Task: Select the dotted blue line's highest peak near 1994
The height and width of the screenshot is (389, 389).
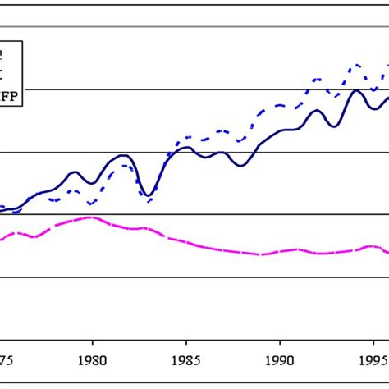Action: click(x=356, y=65)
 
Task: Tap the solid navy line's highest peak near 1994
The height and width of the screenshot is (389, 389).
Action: click(x=356, y=90)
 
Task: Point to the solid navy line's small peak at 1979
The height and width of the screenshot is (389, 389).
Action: click(x=74, y=172)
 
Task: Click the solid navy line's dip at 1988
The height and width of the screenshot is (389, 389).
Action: click(x=242, y=166)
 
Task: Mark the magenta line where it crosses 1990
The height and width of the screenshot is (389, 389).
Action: click(x=280, y=252)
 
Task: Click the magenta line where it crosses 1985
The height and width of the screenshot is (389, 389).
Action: click(x=186, y=242)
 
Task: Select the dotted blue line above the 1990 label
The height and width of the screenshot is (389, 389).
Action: click(x=280, y=106)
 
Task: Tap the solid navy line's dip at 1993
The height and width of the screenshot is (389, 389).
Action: click(x=332, y=126)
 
